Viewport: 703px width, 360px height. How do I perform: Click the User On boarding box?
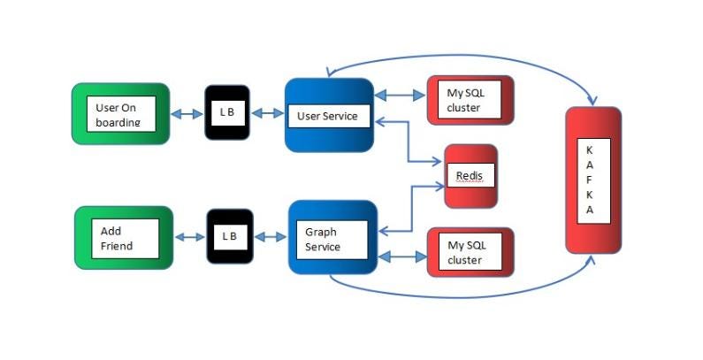(120, 113)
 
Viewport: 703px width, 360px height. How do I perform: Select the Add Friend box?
(124, 237)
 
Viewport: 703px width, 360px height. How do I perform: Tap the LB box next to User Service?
(227, 112)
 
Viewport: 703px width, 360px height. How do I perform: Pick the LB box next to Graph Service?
(230, 236)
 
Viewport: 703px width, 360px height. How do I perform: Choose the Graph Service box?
(332, 236)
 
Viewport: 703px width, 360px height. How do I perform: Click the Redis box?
(469, 176)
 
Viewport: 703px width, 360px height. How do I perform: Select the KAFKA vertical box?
(592, 180)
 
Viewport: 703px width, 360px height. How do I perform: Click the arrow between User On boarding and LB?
(187, 113)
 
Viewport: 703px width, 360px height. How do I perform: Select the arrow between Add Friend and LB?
(191, 237)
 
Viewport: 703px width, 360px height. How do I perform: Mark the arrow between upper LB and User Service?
(267, 113)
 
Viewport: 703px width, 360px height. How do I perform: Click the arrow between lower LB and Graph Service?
(271, 237)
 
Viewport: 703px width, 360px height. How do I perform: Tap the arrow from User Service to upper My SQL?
(400, 94)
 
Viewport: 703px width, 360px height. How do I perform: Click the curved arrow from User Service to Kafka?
(460, 55)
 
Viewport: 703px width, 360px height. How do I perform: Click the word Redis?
(469, 176)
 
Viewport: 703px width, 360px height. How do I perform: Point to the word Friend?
(117, 245)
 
